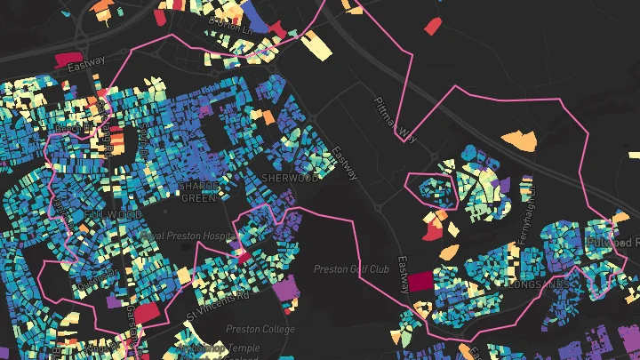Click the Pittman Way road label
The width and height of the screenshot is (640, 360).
pos(395,119)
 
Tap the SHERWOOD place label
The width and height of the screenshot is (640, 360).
pos(290,178)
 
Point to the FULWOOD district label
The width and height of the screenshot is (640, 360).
pos(114,215)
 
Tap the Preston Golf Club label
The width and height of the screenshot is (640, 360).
pos(352,268)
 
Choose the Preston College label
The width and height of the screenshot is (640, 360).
pos(260,328)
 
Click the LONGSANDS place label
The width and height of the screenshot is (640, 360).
pos(538,284)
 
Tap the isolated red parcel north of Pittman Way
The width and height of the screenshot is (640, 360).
pos(433,26)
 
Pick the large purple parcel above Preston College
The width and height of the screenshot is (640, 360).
pos(286,289)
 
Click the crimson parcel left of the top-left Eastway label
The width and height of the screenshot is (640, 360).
pos(68,60)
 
